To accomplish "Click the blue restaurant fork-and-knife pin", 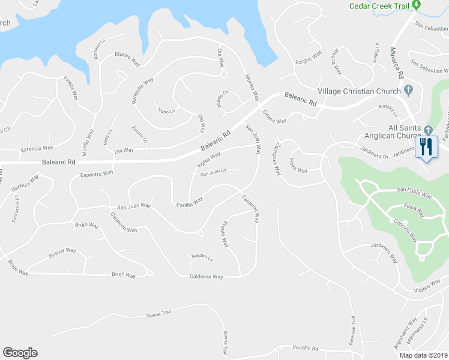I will coord(427,147).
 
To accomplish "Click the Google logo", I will coord(20,353).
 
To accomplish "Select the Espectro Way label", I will coord(97,173).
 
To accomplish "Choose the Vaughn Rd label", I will coord(305,348).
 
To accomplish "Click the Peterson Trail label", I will coord(354,329).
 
